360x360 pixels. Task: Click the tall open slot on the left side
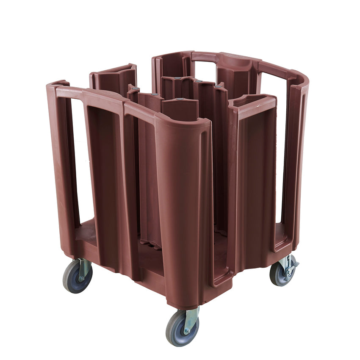tap(80, 161)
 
